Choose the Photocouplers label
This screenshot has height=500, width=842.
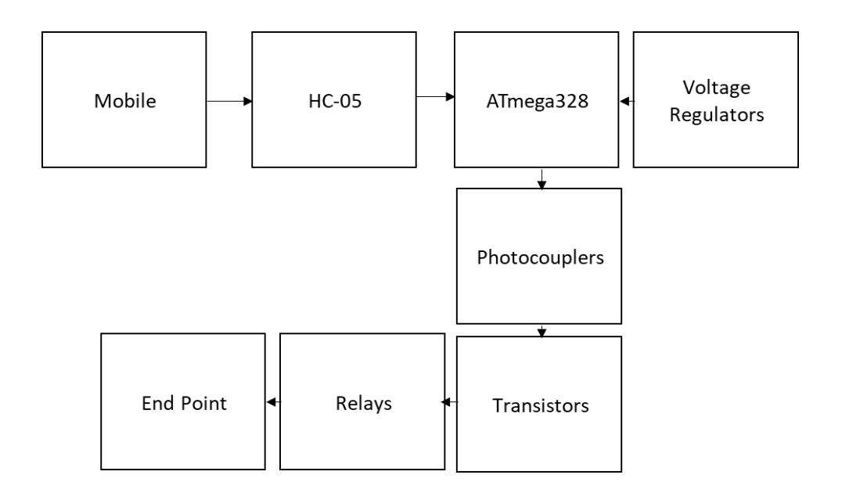(x=539, y=257)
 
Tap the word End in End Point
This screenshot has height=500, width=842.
(x=157, y=403)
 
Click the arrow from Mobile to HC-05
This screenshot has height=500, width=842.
(x=229, y=101)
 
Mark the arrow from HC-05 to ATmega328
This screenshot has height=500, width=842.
(x=435, y=97)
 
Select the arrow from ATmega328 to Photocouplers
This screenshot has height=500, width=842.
(x=542, y=179)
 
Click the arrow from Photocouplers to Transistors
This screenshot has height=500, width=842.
(x=542, y=330)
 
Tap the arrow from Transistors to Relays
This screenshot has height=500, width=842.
(x=448, y=402)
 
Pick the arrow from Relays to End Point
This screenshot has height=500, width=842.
(x=273, y=402)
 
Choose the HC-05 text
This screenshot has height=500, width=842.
(x=334, y=101)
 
